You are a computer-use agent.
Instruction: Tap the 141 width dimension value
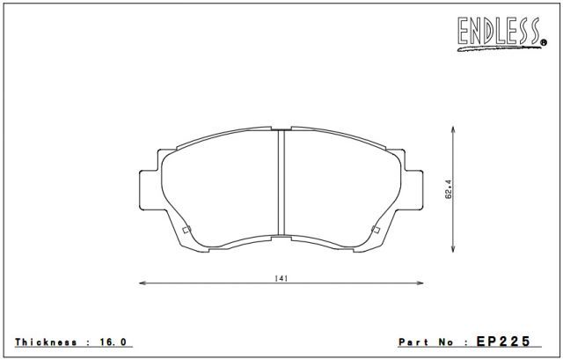click(281, 278)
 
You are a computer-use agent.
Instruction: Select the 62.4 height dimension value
click(449, 189)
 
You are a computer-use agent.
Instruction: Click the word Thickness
click(46, 342)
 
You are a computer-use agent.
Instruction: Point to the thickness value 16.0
click(113, 342)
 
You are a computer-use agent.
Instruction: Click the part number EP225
click(503, 342)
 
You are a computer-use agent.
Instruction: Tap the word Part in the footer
click(413, 342)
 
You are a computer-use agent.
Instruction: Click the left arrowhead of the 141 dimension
click(143, 283)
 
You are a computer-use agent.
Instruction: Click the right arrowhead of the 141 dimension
click(420, 283)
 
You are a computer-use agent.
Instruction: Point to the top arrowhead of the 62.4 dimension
click(453, 129)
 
